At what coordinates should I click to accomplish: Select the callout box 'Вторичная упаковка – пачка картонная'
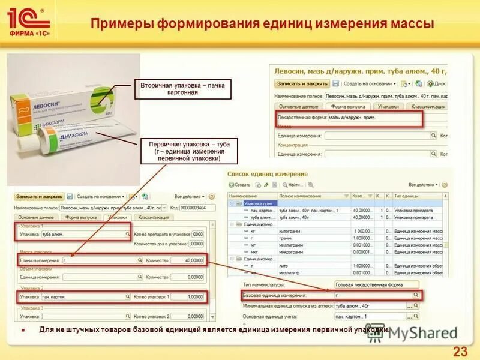(x=182, y=89)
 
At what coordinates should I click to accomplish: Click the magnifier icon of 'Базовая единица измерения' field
(x=416, y=295)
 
